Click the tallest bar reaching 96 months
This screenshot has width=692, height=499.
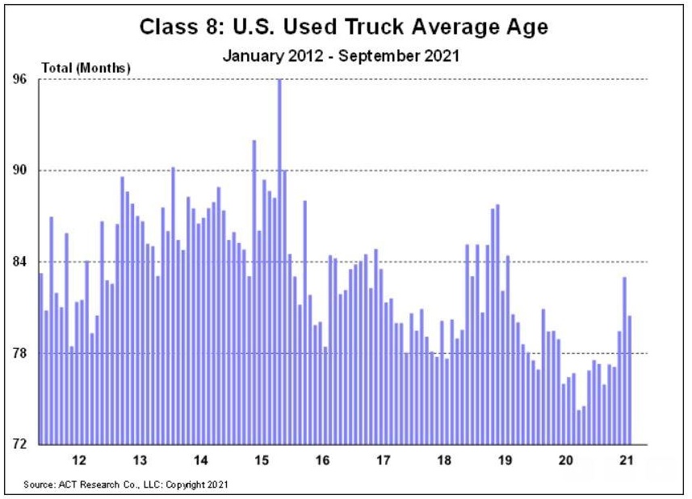279,258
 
